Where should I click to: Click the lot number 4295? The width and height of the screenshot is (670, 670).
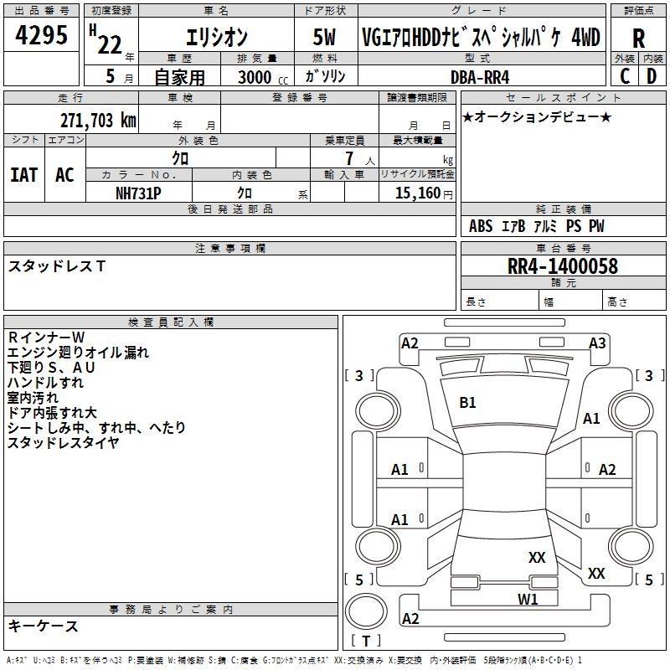[x=41, y=35]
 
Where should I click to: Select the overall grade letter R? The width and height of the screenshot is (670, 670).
[x=638, y=39]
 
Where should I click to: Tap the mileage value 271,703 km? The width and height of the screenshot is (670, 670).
[x=98, y=121]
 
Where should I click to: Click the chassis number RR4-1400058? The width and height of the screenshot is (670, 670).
[x=562, y=266]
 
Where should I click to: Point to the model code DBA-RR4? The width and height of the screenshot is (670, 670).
[x=480, y=77]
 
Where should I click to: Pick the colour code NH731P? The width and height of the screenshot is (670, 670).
[x=138, y=193]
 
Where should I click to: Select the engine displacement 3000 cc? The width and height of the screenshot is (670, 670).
[x=263, y=77]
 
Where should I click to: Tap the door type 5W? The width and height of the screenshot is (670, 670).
[x=324, y=37]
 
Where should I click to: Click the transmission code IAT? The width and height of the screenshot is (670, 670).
[x=23, y=175]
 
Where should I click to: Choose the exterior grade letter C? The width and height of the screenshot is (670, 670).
[x=625, y=76]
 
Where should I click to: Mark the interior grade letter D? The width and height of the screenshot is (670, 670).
[x=652, y=76]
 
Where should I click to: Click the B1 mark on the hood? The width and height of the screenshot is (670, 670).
[x=467, y=403]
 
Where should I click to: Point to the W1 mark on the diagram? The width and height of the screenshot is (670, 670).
[x=528, y=599]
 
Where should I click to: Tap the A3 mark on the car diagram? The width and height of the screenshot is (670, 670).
[x=597, y=343]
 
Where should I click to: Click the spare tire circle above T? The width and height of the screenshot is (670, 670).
[x=366, y=611]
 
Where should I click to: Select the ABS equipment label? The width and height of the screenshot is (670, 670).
[x=481, y=226]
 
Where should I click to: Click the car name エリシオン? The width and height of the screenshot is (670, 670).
[x=216, y=37]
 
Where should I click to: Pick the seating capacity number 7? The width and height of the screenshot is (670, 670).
[x=349, y=158]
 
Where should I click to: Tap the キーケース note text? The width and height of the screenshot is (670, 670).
[x=44, y=626]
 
